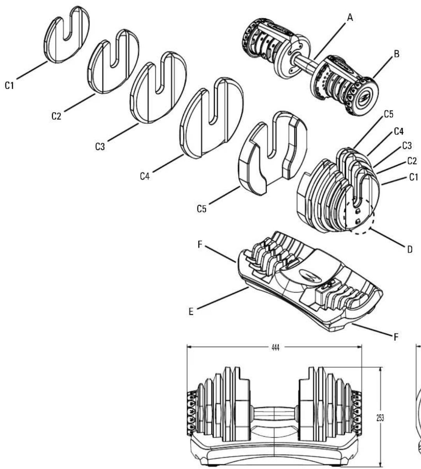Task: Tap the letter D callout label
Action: point(409,249)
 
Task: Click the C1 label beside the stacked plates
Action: point(414,177)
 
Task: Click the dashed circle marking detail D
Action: point(359,216)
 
